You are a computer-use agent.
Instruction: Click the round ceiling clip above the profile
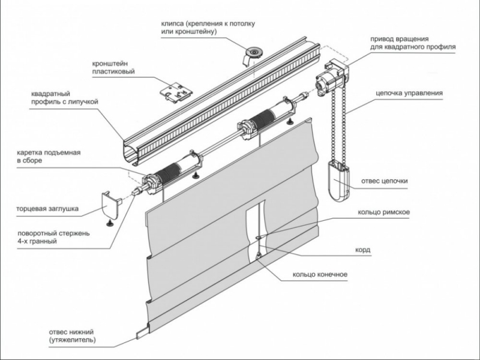click(x=253, y=55)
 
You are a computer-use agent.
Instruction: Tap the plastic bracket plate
click(x=177, y=92)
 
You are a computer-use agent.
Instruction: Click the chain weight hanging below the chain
click(x=338, y=182)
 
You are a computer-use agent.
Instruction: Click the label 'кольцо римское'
click(x=383, y=212)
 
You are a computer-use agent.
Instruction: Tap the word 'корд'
click(x=363, y=250)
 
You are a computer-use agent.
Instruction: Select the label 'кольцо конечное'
click(x=320, y=274)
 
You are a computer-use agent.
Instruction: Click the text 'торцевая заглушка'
click(x=47, y=209)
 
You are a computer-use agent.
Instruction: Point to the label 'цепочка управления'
click(x=409, y=93)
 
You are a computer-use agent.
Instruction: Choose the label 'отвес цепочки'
click(x=385, y=181)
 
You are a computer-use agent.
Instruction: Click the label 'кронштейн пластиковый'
click(x=113, y=68)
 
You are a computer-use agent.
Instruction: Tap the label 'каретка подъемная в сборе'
click(x=49, y=157)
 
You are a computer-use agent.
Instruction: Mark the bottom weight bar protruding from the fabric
click(x=143, y=333)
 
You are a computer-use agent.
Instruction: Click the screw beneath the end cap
click(x=110, y=223)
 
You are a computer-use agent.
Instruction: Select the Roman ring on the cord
click(x=259, y=238)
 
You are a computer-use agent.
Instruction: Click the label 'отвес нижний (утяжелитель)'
click(x=72, y=336)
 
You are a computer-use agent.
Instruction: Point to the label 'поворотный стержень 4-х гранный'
click(x=53, y=237)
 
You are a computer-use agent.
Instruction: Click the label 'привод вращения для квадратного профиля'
click(x=413, y=43)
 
